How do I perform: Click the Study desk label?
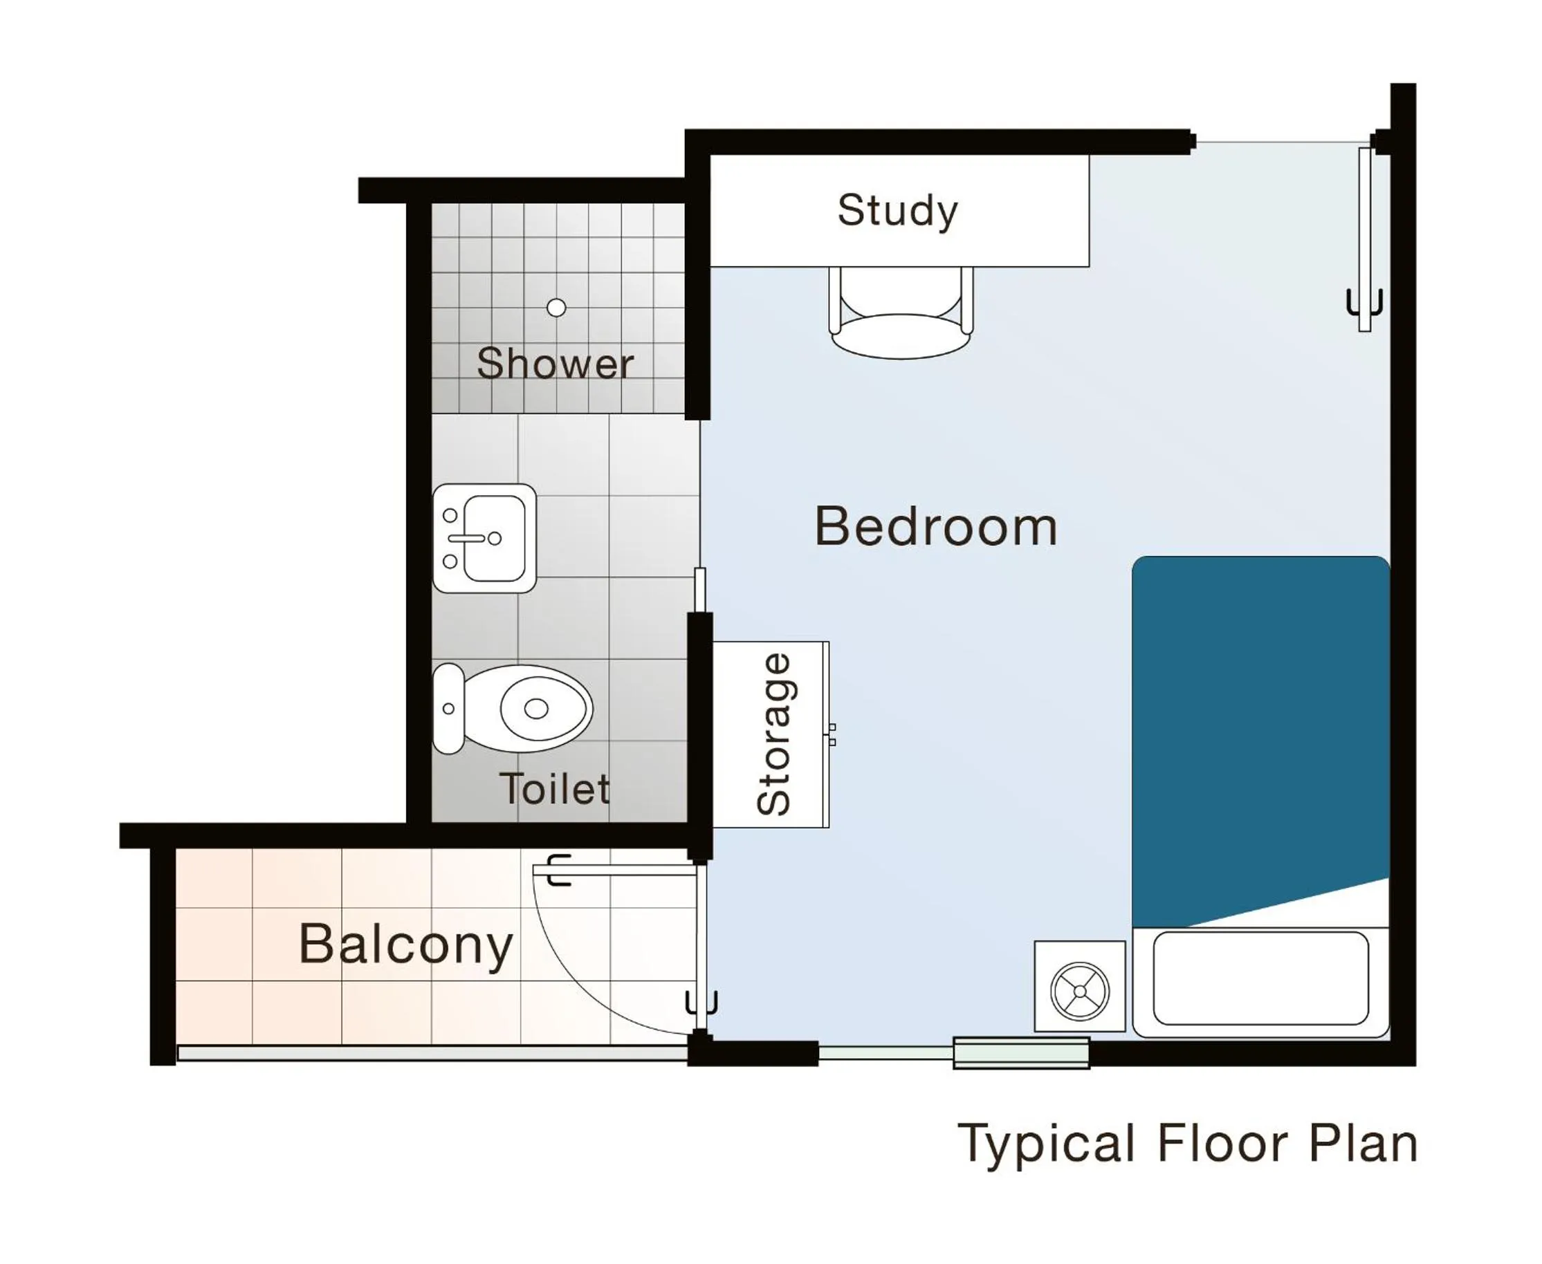[897, 211]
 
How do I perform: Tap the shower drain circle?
[556, 307]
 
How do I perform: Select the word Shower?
[554, 363]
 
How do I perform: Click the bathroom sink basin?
[495, 538]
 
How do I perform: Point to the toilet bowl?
[535, 708]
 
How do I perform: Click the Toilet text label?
[554, 788]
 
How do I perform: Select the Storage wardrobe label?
[773, 734]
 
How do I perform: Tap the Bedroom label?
[935, 526]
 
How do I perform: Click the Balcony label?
[405, 945]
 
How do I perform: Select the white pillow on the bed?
[1260, 978]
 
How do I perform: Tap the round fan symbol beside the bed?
[1079, 991]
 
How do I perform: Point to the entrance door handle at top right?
[1364, 302]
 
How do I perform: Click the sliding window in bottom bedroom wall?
[1020, 1053]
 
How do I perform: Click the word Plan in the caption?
[1363, 1143]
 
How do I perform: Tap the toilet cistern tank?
[448, 708]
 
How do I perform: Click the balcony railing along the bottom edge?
[432, 1053]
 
